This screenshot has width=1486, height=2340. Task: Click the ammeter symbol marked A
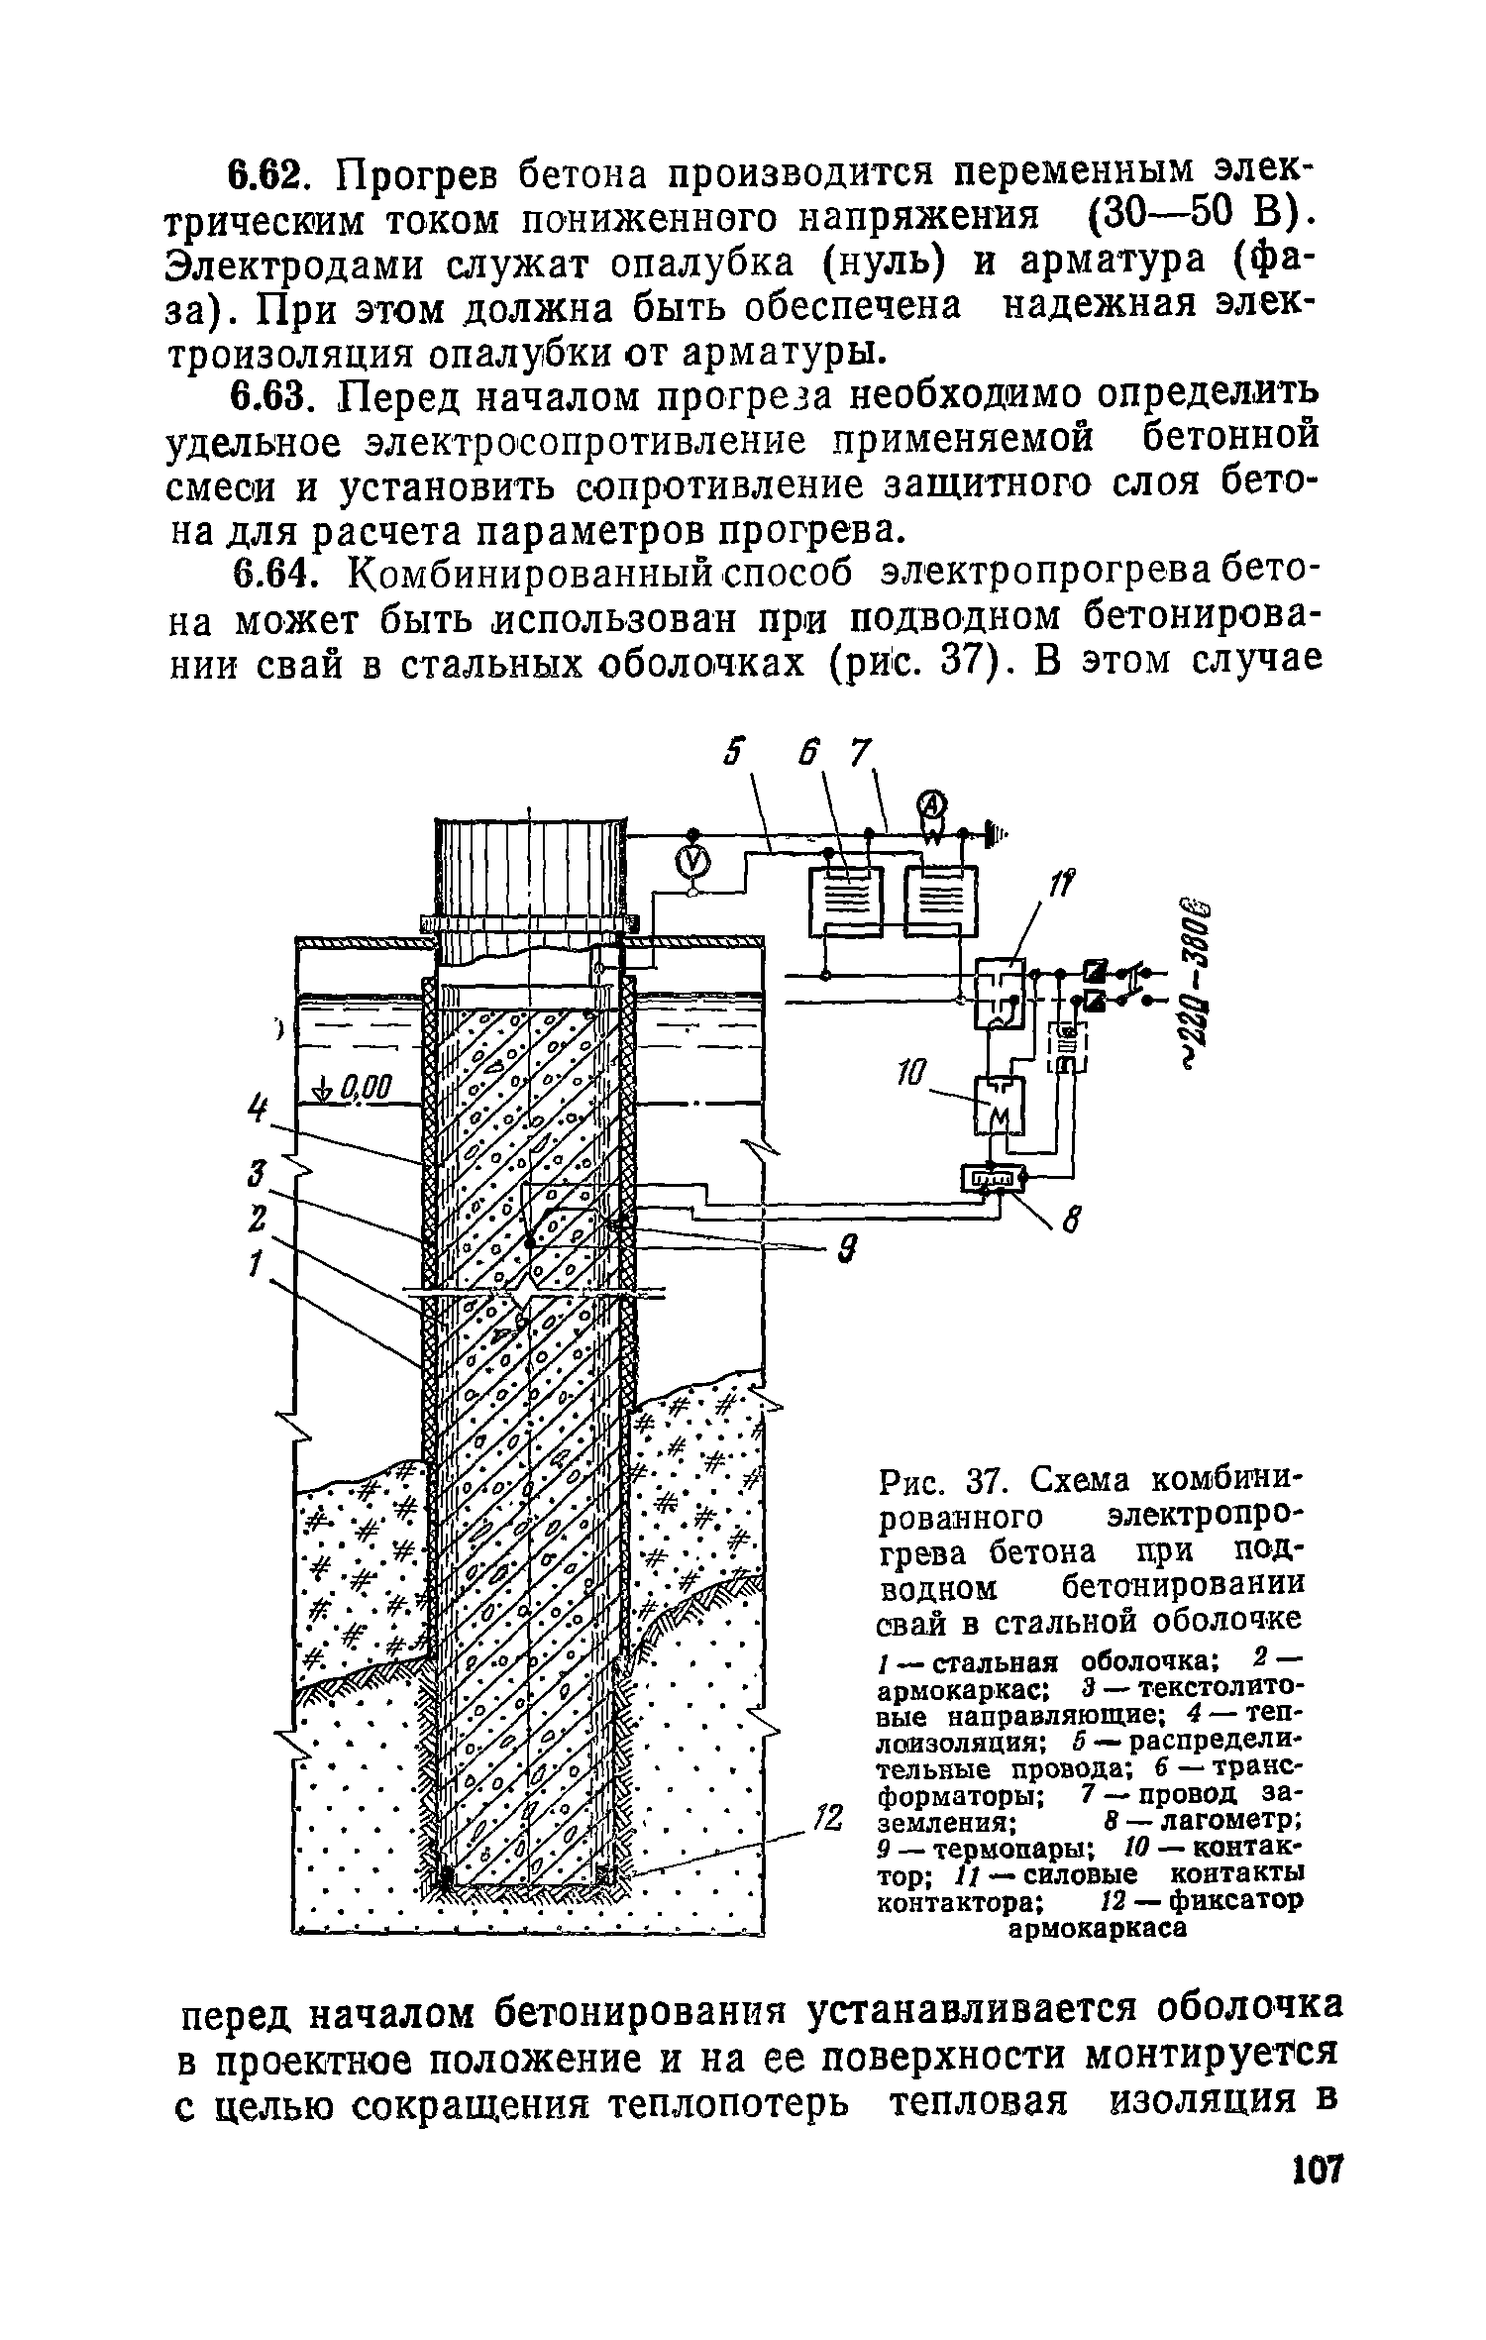click(x=934, y=804)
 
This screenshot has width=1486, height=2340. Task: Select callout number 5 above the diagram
click(x=732, y=756)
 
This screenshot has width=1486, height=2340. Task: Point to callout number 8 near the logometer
click(x=1069, y=1225)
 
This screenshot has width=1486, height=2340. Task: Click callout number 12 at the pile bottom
click(x=828, y=1817)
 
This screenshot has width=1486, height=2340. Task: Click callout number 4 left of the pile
click(x=259, y=1108)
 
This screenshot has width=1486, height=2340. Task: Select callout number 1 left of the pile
click(x=257, y=1263)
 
